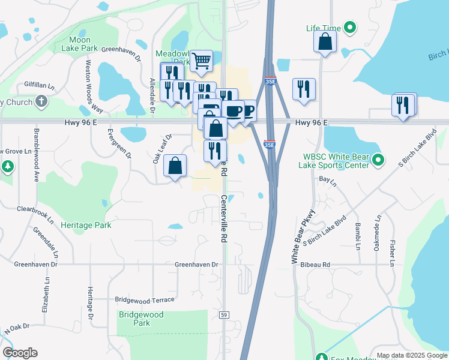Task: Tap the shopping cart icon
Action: coord(202,60)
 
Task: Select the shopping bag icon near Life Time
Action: coord(325,41)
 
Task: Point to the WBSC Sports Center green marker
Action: coord(378,160)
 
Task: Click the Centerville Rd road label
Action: coord(224,218)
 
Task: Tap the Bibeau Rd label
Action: coord(318,264)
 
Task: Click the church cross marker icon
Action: coord(41,101)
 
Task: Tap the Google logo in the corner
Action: coord(20,352)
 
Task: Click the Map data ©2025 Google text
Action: coord(411,355)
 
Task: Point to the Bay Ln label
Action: coord(326,179)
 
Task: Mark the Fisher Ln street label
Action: coord(392,253)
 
